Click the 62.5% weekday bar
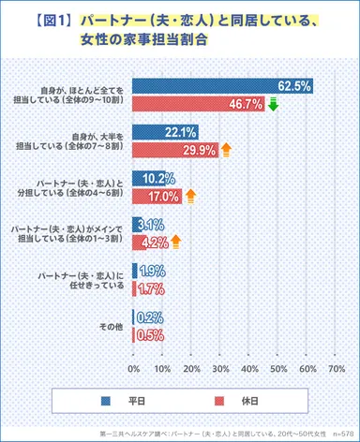pos(222,86)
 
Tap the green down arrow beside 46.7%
pos(274,104)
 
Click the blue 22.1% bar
pos(164,131)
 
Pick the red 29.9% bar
pos(175,149)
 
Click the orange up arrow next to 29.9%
pos(226,149)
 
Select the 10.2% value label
pos(157,177)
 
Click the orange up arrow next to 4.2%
pos(175,242)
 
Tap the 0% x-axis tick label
pos(133,368)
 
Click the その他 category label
pos(112,326)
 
